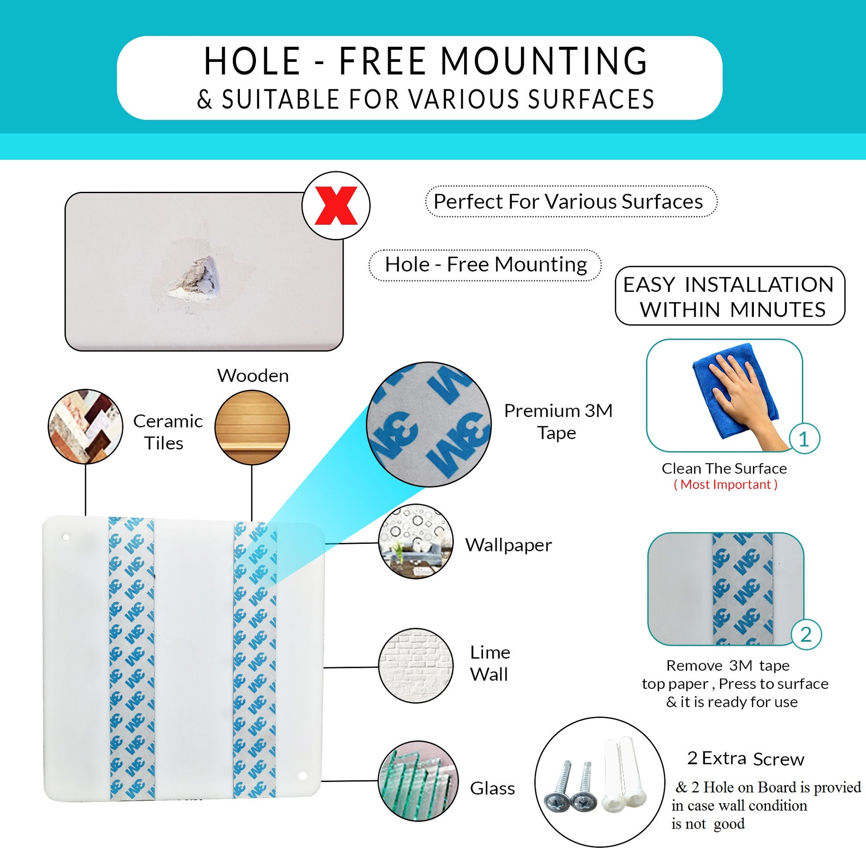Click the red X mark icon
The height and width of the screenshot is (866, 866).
coord(336,205)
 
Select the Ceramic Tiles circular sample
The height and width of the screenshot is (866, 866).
coord(85,426)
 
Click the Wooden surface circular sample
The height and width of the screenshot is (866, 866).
coord(252,427)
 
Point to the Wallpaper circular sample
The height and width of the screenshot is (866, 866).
coord(416,542)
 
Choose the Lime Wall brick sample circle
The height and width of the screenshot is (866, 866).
coord(416,665)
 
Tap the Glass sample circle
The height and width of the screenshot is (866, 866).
coord(418,781)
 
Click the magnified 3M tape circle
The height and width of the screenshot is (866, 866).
coord(429,425)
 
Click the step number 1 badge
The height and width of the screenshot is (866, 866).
coord(804,439)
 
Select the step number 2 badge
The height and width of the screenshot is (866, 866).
coord(806,635)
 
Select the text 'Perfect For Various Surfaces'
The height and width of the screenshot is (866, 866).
coord(568,202)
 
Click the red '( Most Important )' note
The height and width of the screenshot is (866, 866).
coord(726,485)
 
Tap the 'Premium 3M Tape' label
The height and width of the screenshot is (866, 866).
coord(558,422)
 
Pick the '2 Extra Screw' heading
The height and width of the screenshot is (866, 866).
coord(745,758)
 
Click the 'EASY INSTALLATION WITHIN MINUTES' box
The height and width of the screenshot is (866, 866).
coord(730,296)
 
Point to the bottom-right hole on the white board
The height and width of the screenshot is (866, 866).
coord(302,776)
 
